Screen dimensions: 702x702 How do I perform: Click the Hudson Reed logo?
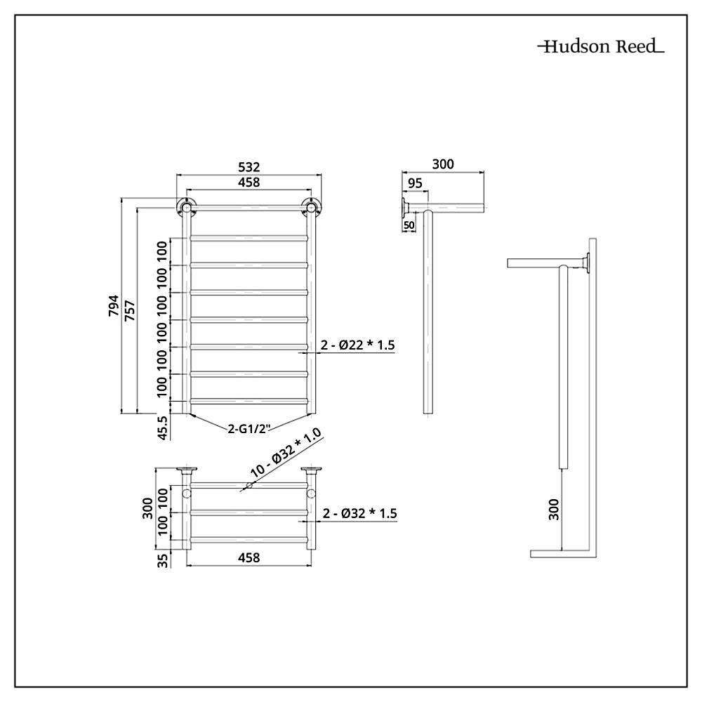click(601, 46)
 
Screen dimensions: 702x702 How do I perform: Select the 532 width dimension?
click(249, 167)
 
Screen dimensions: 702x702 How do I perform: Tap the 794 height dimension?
click(114, 306)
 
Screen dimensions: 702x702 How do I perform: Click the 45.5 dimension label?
click(163, 428)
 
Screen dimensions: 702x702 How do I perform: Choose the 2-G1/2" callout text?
click(249, 428)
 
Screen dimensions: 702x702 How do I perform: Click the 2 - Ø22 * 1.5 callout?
click(358, 345)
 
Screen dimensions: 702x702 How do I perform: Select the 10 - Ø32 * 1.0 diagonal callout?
click(286, 453)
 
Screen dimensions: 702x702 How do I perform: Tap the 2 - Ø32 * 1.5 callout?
click(360, 513)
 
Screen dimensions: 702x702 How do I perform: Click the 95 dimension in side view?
click(415, 183)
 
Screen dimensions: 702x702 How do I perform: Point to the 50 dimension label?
click(409, 225)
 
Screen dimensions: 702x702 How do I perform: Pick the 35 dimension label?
click(164, 560)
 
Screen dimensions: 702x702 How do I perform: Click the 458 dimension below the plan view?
click(249, 557)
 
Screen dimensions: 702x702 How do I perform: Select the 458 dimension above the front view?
click(249, 183)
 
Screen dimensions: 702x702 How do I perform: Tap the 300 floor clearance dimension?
click(554, 509)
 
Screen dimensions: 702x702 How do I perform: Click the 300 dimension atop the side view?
click(443, 164)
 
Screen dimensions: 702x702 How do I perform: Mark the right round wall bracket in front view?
click(311, 207)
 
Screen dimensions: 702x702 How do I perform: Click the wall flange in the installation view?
click(586, 263)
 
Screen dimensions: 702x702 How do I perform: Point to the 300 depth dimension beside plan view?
click(147, 508)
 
